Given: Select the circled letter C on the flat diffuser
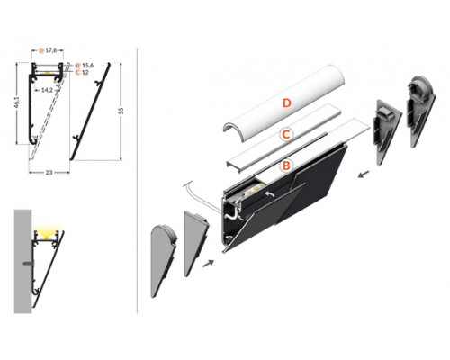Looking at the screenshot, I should pos(284,135).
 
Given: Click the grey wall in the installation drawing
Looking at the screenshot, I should pos(24,261).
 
